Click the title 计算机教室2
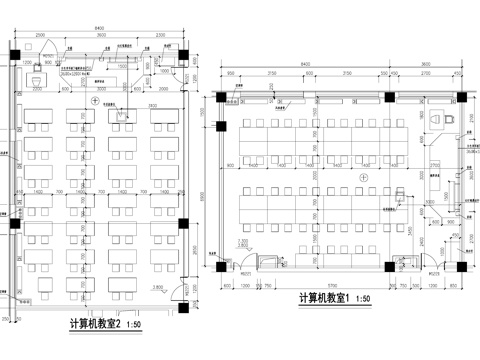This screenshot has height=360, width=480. pyautogui.click(x=95, y=323)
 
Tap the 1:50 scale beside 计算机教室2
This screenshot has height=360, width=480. pyautogui.click(x=136, y=324)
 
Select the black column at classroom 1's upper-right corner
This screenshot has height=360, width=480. pyautogui.click(x=463, y=96)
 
